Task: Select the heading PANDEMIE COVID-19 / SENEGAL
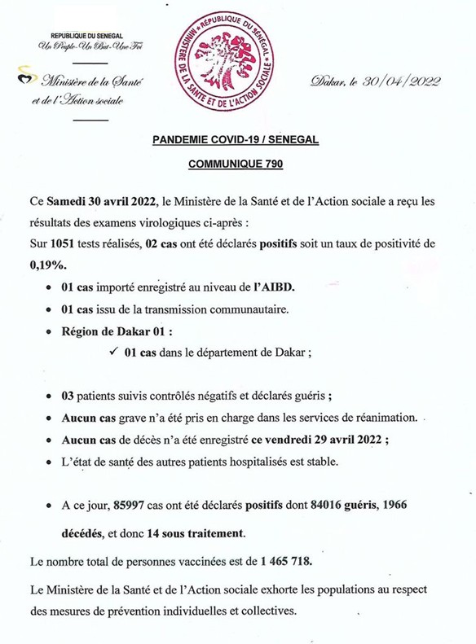click(x=236, y=140)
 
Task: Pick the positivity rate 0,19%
click(x=47, y=265)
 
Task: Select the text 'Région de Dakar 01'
click(x=117, y=331)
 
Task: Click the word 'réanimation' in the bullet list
click(x=378, y=418)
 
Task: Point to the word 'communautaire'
click(x=253, y=309)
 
